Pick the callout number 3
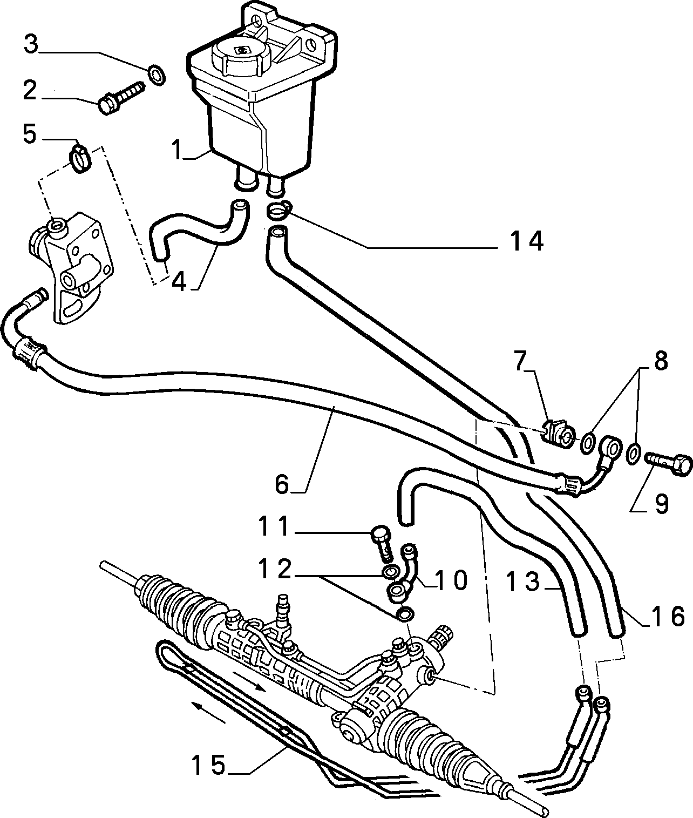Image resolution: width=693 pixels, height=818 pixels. coord(31,44)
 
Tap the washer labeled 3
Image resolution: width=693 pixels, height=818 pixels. coord(156,74)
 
